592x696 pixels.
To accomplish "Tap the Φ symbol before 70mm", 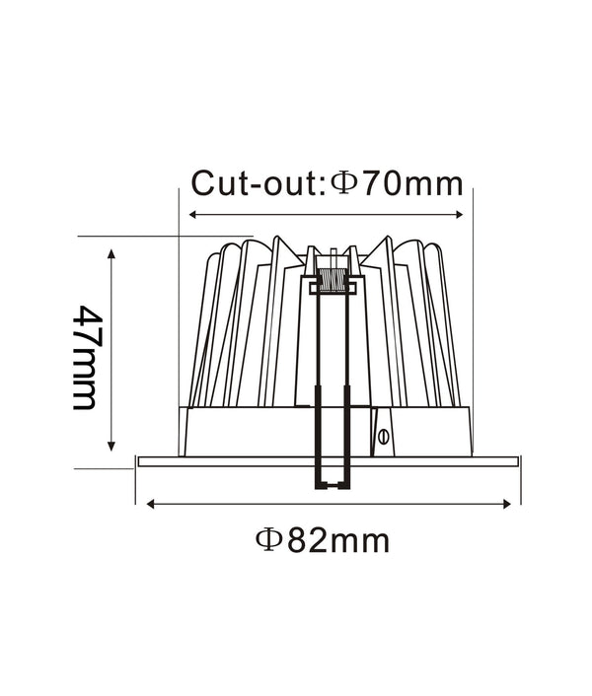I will pyautogui.click(x=341, y=183).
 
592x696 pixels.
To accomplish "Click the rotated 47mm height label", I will pyautogui.click(x=86, y=357).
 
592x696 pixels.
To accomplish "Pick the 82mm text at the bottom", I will pyautogui.click(x=337, y=540).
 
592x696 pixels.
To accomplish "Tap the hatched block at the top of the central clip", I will pyautogui.click(x=330, y=280).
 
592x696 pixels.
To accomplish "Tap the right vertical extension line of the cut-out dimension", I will pyautogui.click(x=474, y=296).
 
